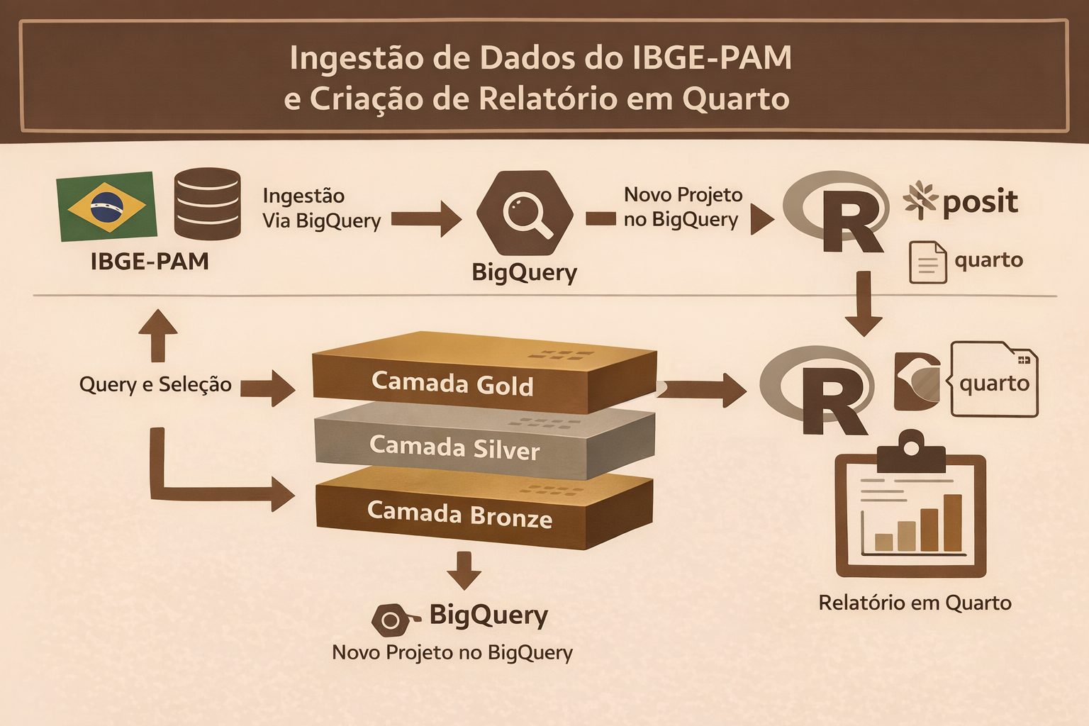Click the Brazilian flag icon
click(x=107, y=206)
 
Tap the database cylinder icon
click(x=207, y=203)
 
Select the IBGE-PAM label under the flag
click(x=150, y=262)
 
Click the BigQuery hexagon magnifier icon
click(x=525, y=212)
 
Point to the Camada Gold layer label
click(x=452, y=384)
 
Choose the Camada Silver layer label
click(x=454, y=447)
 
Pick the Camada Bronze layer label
click(x=459, y=514)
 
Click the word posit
click(x=980, y=202)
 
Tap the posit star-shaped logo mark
click(x=920, y=199)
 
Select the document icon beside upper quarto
click(x=927, y=262)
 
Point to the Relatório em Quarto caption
click(x=915, y=603)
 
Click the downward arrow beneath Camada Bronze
click(x=464, y=570)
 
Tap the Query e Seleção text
click(x=155, y=385)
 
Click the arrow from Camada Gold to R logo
click(x=702, y=389)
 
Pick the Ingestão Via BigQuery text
click(x=321, y=208)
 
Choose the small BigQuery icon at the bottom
click(x=392, y=620)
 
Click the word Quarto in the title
click(x=735, y=99)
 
